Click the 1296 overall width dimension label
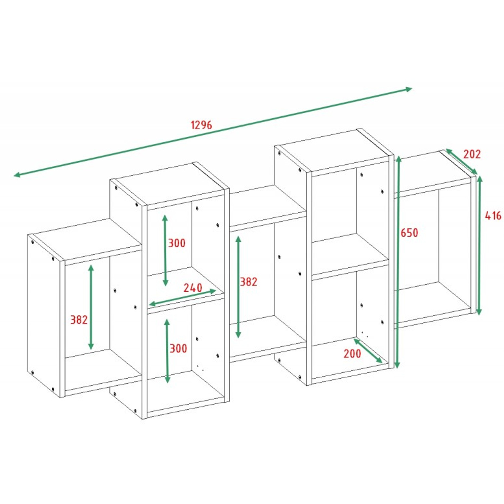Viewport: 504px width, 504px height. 202,125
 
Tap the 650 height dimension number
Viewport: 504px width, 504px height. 409,233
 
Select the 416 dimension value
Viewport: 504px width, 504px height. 493,215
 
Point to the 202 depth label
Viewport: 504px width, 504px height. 472,154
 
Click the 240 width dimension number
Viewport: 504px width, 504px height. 193,288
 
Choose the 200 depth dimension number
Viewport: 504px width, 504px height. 352,353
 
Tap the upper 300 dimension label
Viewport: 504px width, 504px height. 177,243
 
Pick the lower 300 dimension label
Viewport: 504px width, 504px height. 178,348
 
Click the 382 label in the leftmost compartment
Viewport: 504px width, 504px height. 79,320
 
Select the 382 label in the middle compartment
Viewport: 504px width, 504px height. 249,282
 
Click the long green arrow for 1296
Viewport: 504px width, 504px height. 213,132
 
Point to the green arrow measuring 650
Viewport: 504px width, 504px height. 398,262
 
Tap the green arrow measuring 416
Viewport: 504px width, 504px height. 479,245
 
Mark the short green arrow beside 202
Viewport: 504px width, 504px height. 461,162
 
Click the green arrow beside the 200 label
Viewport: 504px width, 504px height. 368,351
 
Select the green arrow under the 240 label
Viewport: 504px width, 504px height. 182,298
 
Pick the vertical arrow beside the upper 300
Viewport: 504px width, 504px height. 165,250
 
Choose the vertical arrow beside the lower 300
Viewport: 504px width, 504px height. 167,351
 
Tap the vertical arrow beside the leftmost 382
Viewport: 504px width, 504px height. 91,307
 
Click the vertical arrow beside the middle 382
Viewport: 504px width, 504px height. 238,287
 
